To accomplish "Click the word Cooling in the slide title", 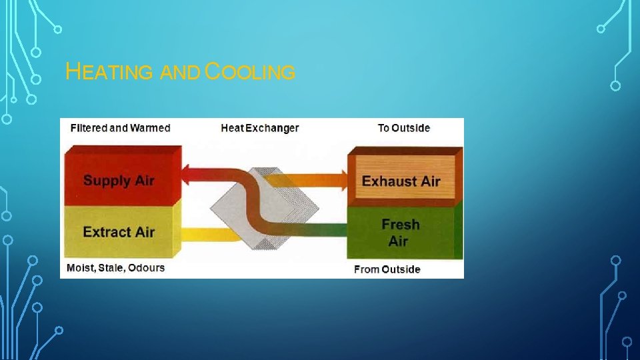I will [x=250, y=72].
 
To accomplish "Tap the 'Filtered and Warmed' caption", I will [x=121, y=128].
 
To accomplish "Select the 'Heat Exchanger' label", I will [x=260, y=128].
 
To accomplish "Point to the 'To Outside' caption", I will [x=404, y=128].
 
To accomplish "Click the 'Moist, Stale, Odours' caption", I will [x=116, y=268].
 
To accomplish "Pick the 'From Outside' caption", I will [x=387, y=269].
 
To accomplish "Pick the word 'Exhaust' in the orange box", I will [x=386, y=181].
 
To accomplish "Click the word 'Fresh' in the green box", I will [x=401, y=224].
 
